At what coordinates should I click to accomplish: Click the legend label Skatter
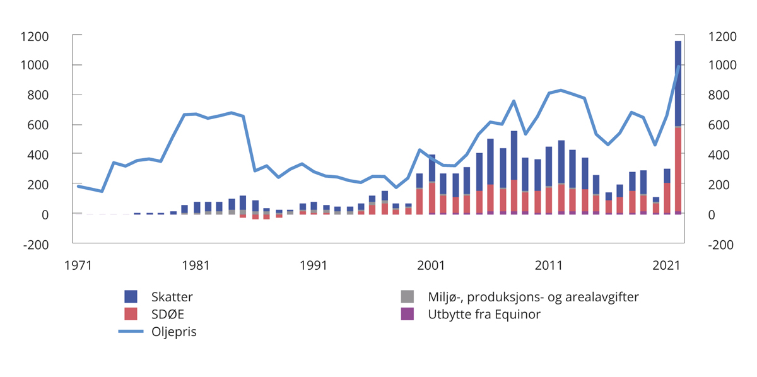[172, 296]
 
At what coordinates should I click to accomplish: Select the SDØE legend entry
[167, 313]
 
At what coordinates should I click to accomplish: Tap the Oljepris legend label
[174, 332]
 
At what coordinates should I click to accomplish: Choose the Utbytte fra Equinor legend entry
[484, 313]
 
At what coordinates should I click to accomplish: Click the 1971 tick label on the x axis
[78, 265]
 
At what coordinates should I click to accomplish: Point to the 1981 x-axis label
[196, 265]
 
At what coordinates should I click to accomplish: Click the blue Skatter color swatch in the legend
[131, 296]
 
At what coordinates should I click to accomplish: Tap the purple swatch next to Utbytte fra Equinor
[408, 313]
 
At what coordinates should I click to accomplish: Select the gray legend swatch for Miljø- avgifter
[408, 296]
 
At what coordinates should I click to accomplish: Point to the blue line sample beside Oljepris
[131, 332]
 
